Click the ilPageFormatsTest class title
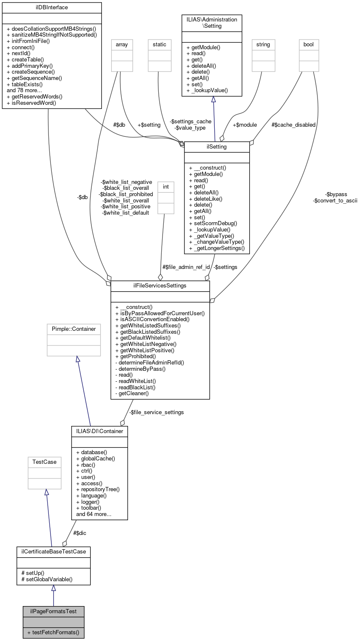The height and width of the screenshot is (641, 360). click(53, 611)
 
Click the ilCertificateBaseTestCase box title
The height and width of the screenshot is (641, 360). click(53, 551)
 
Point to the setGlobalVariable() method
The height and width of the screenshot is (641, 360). click(47, 579)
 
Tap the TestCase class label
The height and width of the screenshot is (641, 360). click(45, 462)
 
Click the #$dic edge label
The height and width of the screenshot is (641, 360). click(80, 533)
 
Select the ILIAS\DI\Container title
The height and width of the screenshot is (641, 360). click(99, 431)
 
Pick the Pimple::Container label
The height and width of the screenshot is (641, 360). click(74, 329)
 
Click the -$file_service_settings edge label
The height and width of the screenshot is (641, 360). click(156, 412)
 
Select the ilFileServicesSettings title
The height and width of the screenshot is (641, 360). click(160, 285)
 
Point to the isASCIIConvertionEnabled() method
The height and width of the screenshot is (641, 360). click(152, 319)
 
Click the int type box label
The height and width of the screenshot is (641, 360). click(165, 186)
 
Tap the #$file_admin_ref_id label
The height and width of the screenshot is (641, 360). click(186, 267)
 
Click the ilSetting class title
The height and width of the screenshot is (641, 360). click(217, 146)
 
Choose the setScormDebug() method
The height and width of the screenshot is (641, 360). click(213, 223)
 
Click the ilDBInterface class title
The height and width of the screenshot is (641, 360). click(52, 7)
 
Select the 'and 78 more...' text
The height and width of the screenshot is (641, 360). click(24, 90)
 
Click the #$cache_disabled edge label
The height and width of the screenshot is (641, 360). click(293, 125)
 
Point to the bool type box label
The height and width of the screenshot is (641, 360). click(309, 44)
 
